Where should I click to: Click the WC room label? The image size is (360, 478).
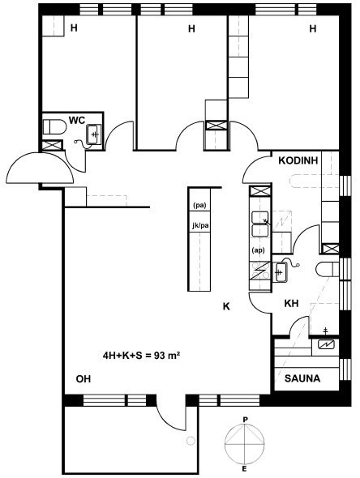click(x=77, y=120)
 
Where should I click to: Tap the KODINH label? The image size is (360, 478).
click(x=298, y=160)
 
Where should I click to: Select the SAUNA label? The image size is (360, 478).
click(x=302, y=378)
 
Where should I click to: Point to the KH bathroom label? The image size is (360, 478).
click(x=291, y=303)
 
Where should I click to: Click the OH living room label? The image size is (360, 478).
click(x=84, y=379)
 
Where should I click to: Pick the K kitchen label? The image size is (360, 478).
click(x=226, y=306)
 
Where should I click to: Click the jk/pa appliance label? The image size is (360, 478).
click(x=200, y=226)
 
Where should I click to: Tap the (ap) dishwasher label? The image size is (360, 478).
click(x=258, y=250)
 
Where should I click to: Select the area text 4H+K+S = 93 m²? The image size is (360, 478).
click(x=140, y=356)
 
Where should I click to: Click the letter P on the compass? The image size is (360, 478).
click(x=245, y=420)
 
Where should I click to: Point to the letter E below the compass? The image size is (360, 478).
click(x=244, y=469)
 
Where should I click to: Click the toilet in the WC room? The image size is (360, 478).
click(x=54, y=127)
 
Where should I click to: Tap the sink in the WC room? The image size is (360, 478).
click(x=94, y=134)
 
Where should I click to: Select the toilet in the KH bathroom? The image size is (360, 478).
click(x=328, y=270)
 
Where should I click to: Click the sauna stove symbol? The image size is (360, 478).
click(x=326, y=345)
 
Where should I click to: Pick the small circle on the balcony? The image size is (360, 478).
click(x=191, y=441)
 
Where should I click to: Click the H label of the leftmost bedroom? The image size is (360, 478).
click(x=74, y=28)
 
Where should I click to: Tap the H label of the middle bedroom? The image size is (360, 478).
click(x=191, y=28)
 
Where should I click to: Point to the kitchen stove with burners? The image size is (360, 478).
click(x=259, y=271)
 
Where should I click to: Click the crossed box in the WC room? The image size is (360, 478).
click(x=53, y=145)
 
